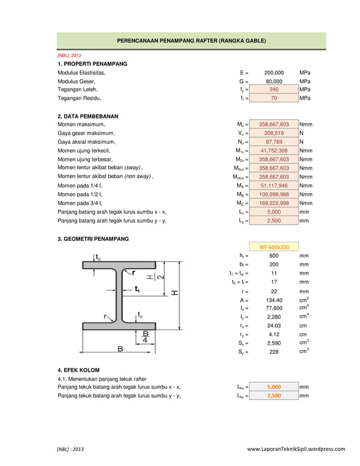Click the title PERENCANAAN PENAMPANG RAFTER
[191, 41]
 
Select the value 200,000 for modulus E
[274, 73]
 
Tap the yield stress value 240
[274, 90]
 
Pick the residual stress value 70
[274, 98]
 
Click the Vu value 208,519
[274, 133]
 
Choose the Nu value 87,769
[274, 142]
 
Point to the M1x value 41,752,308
[274, 151]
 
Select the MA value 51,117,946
[274, 186]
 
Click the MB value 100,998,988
[274, 195]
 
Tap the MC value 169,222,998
[274, 203]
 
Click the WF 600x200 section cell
[274, 247]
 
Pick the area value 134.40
[274, 300]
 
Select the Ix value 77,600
[274, 309]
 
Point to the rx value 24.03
[274, 326]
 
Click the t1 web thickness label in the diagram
[137, 289]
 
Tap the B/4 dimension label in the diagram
[146, 337]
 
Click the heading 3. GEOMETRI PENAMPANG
[93, 239]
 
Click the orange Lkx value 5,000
[274, 387]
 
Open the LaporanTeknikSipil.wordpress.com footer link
[296, 449]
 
